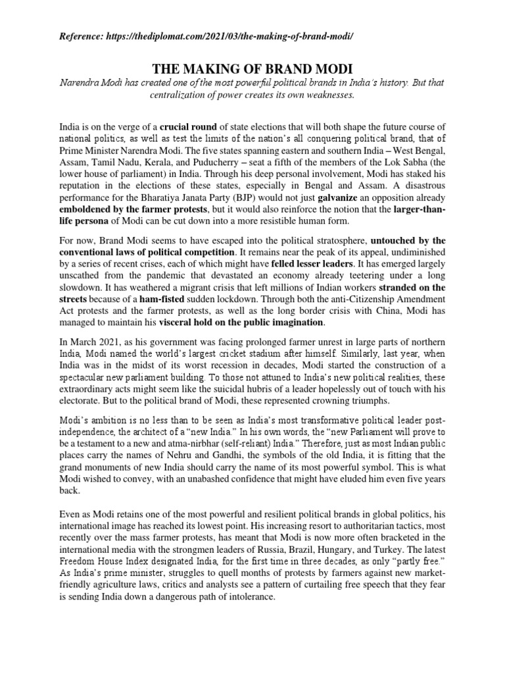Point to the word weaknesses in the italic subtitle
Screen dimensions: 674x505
click(325, 94)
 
